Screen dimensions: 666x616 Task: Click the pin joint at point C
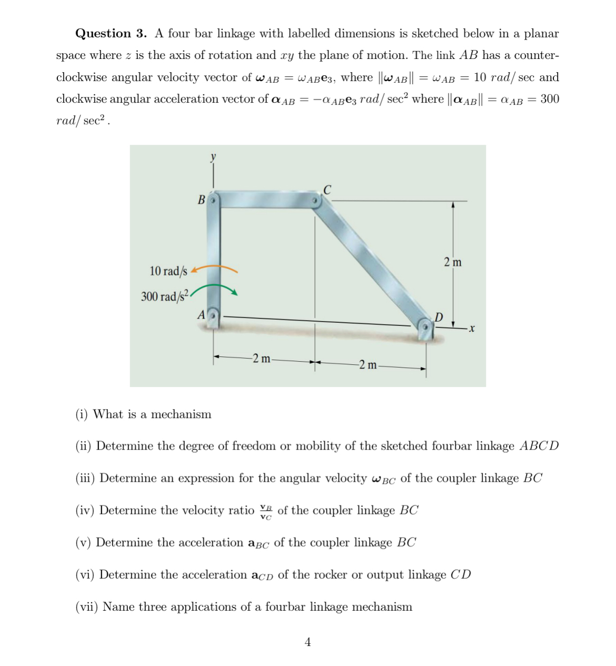pyautogui.click(x=315, y=201)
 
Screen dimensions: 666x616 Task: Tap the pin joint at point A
pyautogui.click(x=213, y=316)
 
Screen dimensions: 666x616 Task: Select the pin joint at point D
pyautogui.click(x=425, y=326)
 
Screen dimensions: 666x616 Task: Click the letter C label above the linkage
pyautogui.click(x=327, y=190)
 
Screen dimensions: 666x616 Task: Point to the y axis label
pyautogui.click(x=213, y=156)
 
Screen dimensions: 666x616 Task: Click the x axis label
pyautogui.click(x=472, y=329)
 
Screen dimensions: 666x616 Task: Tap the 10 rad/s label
pyautogui.click(x=168, y=271)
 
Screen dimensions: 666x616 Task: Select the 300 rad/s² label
pyautogui.click(x=164, y=296)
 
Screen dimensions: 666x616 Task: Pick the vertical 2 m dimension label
pyautogui.click(x=452, y=262)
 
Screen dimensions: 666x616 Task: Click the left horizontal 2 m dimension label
pyautogui.click(x=261, y=359)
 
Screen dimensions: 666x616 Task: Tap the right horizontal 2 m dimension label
pyautogui.click(x=367, y=364)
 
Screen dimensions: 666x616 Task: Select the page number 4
pyautogui.click(x=308, y=642)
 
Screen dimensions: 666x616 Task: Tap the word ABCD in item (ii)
pyautogui.click(x=539, y=446)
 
